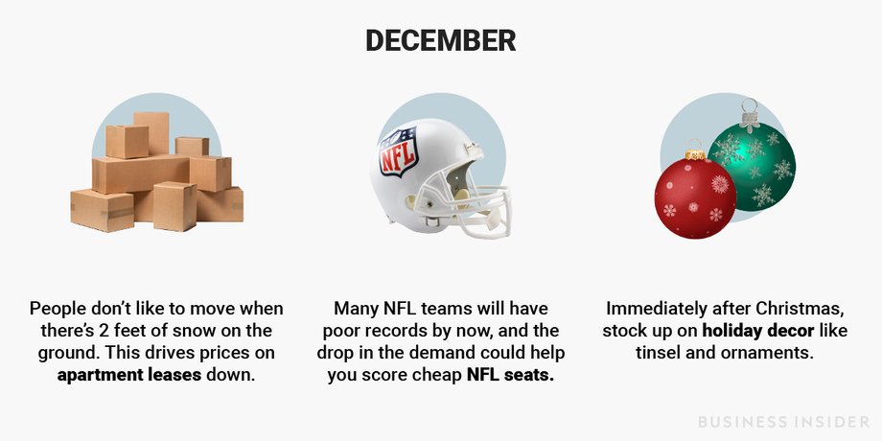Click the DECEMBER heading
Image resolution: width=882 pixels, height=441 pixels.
coord(440,40)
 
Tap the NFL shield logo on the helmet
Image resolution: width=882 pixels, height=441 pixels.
coord(398,151)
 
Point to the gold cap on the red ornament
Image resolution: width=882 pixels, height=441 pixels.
coord(695,153)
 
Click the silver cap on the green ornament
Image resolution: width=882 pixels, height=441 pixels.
coord(750,121)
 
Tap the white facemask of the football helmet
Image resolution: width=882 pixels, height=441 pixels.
coord(478,209)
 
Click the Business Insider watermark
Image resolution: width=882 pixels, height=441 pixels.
coord(784,421)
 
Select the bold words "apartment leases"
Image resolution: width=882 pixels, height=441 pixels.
coord(129,375)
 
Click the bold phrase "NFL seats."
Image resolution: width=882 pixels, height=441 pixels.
coord(510,375)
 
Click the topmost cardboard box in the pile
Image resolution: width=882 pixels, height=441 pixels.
coord(151,132)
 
